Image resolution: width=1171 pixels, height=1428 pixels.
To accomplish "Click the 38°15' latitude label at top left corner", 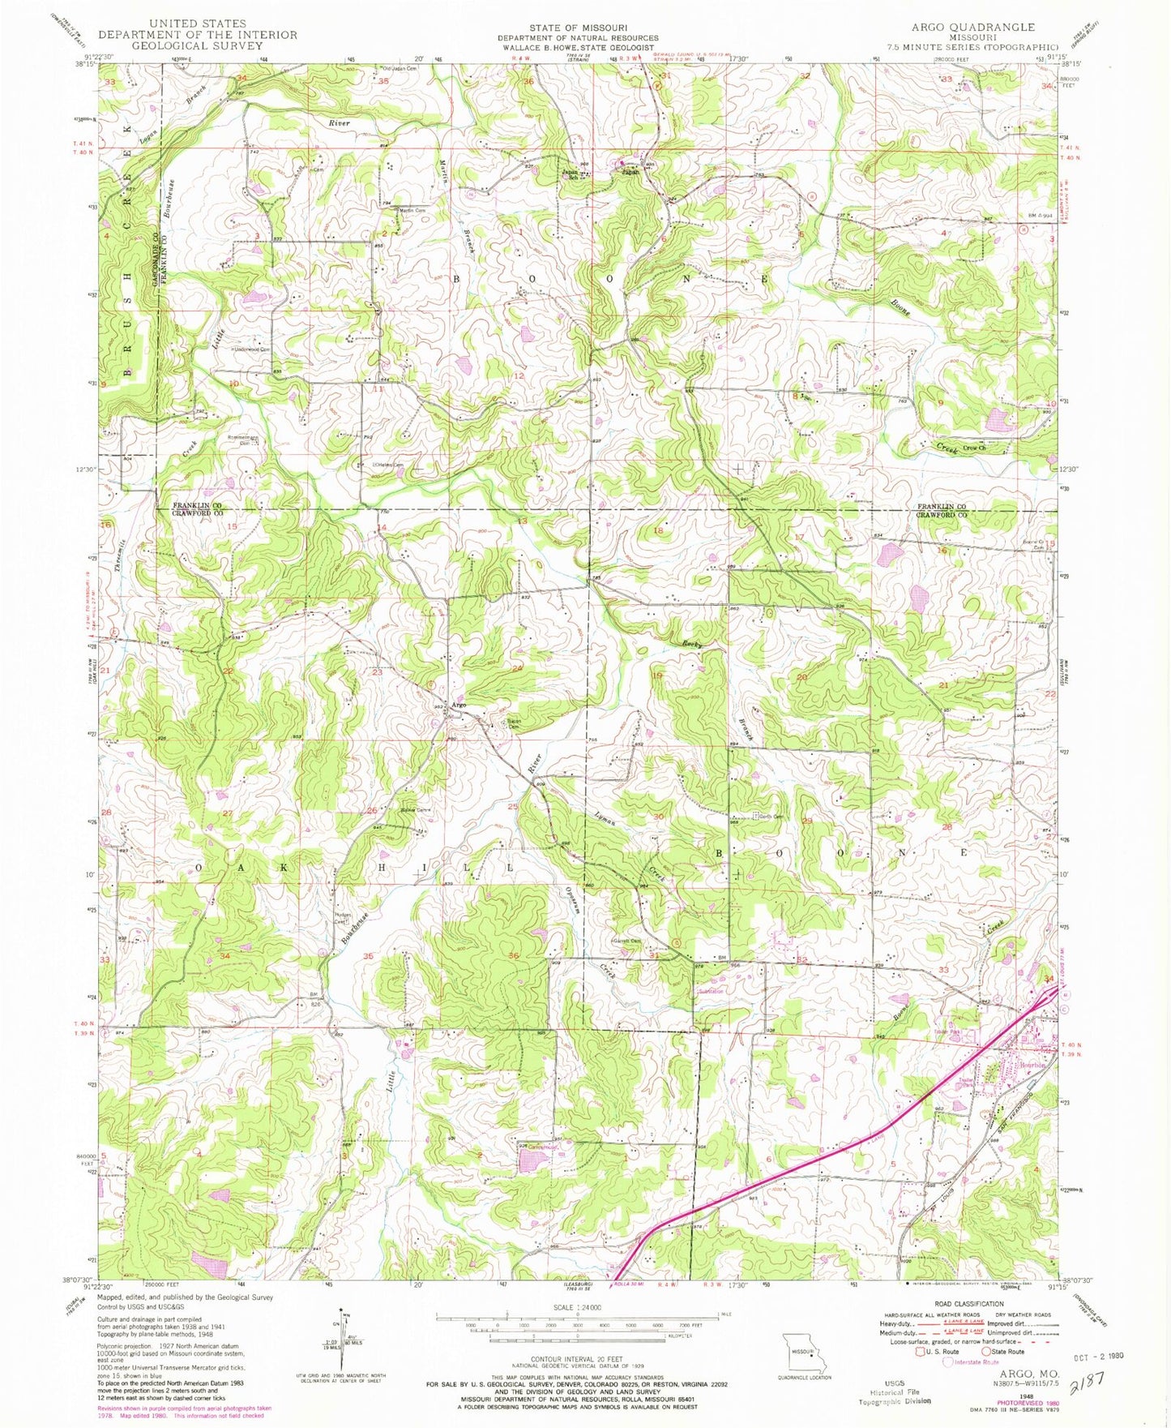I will point(84,63).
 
